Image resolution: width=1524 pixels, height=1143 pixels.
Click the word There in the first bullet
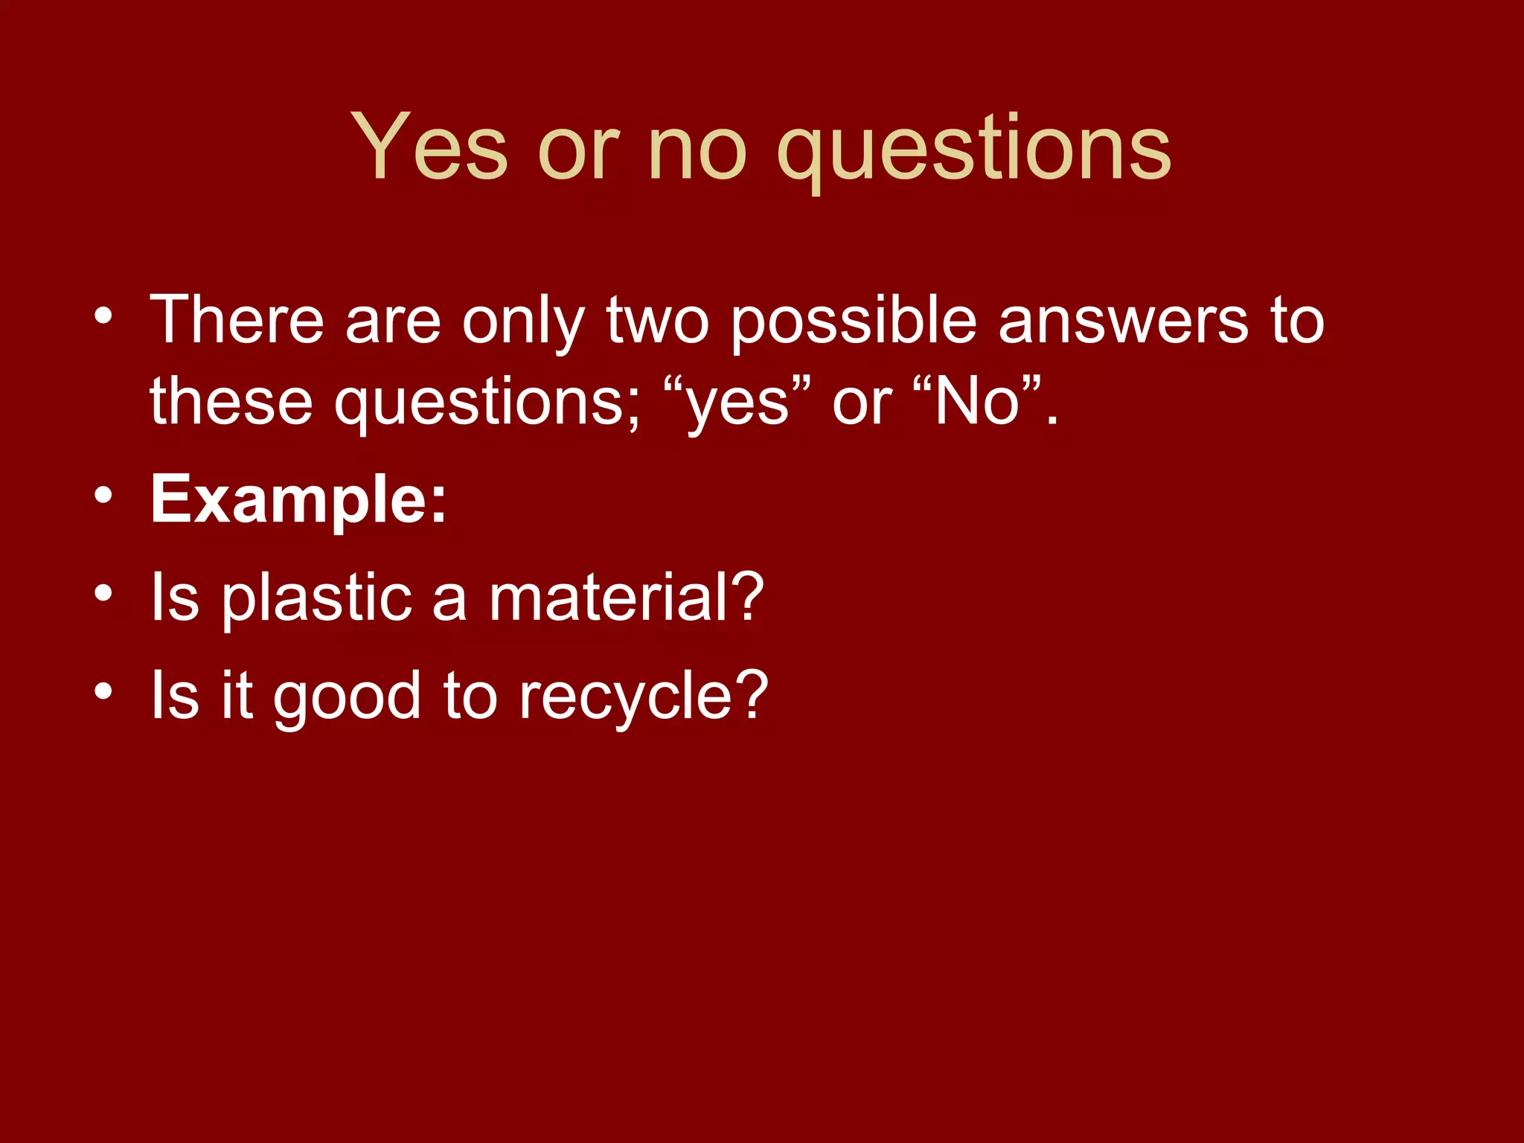tap(237, 320)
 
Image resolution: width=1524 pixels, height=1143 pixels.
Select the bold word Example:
tap(298, 500)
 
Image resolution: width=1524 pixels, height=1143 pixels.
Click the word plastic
tap(317, 599)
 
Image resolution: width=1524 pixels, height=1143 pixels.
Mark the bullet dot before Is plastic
tap(103, 593)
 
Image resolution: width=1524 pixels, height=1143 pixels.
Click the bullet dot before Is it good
tap(103, 691)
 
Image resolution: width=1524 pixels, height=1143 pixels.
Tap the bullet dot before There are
tap(103, 316)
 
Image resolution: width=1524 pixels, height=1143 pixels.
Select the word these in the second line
tap(231, 402)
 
